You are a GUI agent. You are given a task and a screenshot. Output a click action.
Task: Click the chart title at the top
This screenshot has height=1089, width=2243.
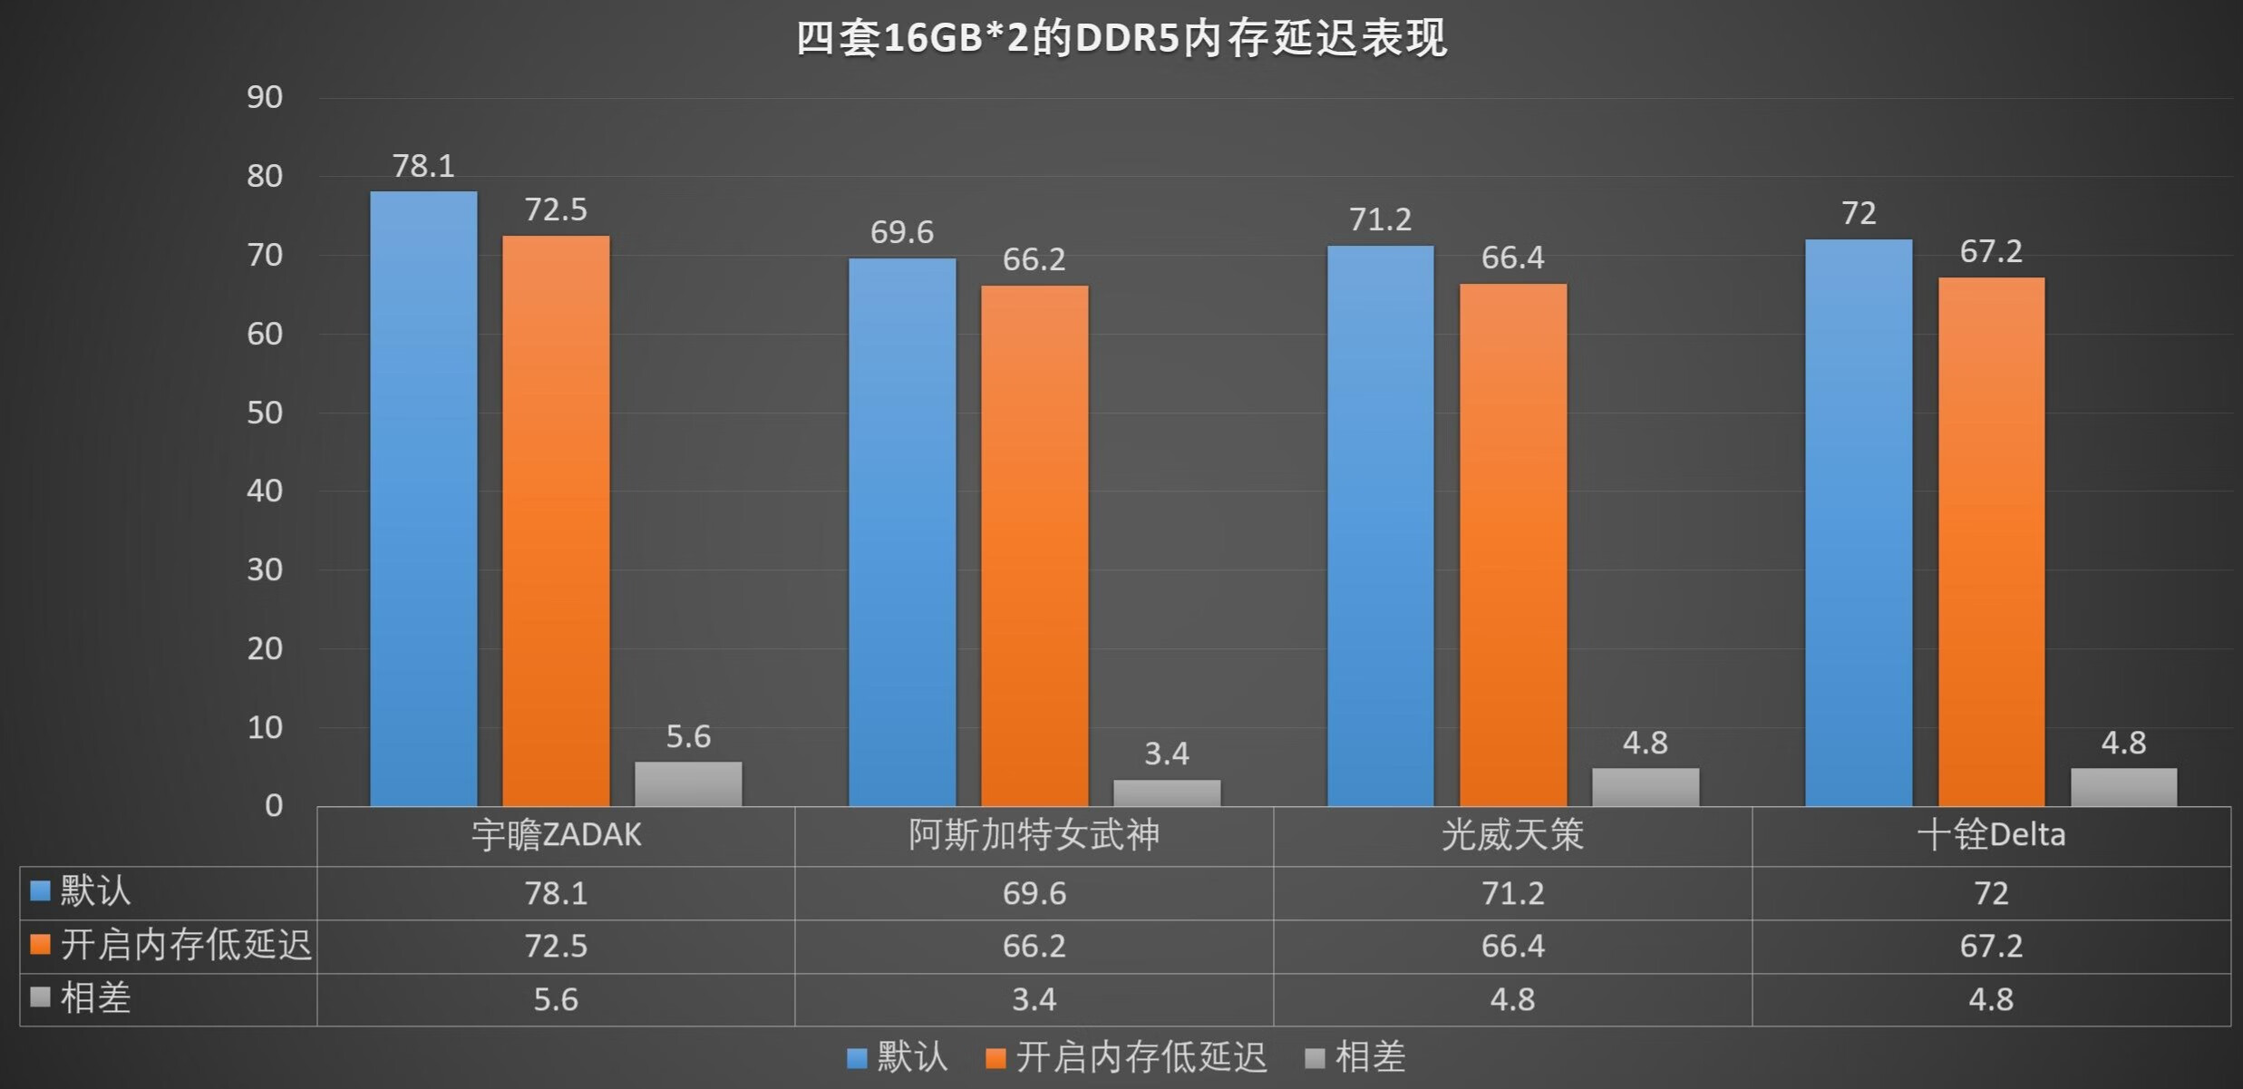pos(1121,38)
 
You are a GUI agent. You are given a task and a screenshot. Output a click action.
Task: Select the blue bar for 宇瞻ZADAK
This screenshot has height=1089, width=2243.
pos(423,498)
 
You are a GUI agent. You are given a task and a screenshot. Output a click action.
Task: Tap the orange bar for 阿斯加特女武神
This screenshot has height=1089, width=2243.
pos(1034,546)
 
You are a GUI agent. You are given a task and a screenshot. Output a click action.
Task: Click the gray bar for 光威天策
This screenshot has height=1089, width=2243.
pos(1646,787)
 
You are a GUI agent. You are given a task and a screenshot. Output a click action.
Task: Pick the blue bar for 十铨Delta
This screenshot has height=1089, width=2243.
pos(1859,522)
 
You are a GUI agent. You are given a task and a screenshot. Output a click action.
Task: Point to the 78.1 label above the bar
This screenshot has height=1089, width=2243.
pos(423,166)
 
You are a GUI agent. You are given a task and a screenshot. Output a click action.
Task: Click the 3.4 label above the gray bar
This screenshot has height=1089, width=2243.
pos(1167,754)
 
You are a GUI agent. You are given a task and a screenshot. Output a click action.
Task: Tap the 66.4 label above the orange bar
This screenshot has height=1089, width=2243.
pos(1513,258)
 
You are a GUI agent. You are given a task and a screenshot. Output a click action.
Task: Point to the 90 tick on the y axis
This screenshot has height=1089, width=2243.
pos(265,97)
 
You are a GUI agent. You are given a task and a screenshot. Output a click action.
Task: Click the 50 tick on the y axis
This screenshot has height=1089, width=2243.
pos(265,413)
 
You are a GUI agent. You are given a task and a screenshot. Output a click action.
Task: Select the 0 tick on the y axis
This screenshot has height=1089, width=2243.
pos(274,805)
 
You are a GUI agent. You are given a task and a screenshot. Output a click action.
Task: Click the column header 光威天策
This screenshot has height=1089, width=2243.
pos(1512,835)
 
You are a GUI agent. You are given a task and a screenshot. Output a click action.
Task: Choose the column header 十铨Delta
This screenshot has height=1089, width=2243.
pos(1991,835)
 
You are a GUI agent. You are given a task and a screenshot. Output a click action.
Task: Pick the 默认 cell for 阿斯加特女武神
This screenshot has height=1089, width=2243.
pos(1034,893)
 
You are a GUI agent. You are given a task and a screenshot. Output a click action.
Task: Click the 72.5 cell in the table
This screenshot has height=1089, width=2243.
pos(556,946)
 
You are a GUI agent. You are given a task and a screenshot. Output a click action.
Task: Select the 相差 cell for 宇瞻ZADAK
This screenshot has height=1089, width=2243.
pos(556,999)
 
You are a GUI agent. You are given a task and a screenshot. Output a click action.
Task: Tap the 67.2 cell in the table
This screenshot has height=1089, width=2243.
pos(1991,946)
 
